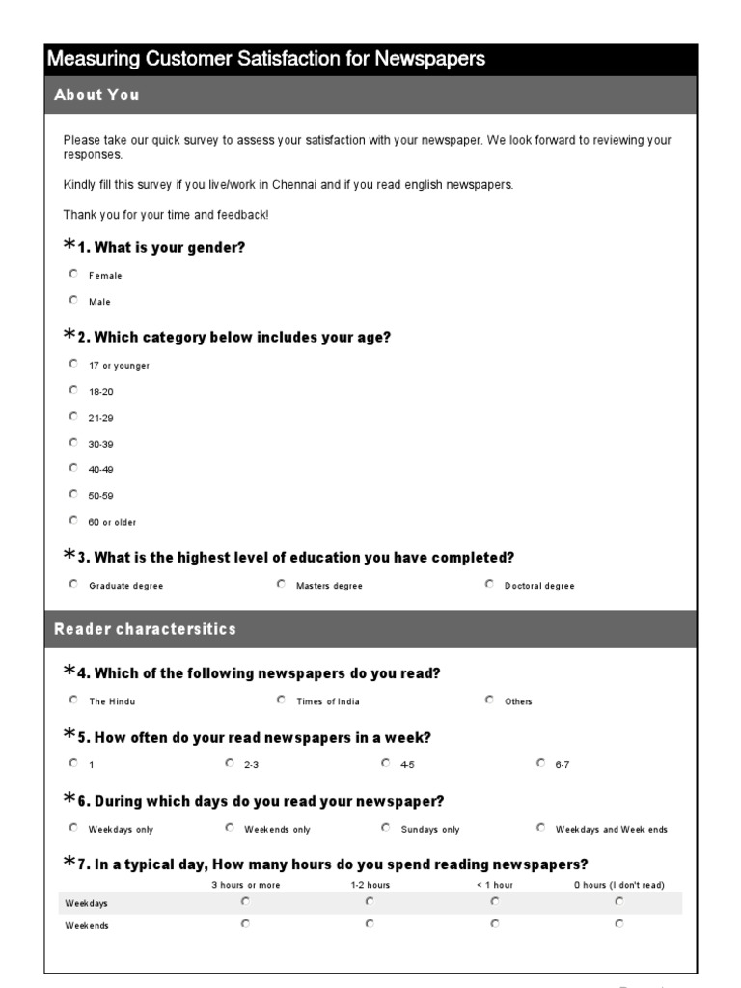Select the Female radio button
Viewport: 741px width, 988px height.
[x=73, y=274]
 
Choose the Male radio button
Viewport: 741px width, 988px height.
[x=73, y=300]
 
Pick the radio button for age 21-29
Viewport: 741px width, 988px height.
[x=73, y=416]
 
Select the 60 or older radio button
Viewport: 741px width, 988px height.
[x=73, y=520]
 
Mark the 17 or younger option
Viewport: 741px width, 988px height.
[x=73, y=364]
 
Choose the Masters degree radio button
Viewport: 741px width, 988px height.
[x=281, y=584]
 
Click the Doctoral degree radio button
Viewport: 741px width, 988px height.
[x=489, y=584]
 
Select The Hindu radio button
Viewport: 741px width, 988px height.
[x=73, y=700]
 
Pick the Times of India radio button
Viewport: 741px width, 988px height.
[x=281, y=700]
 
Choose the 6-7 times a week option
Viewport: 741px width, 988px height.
[x=540, y=762]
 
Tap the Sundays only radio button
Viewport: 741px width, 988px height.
[x=386, y=827]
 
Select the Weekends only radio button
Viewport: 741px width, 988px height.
[x=230, y=827]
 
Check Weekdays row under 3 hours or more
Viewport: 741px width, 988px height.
[x=245, y=901]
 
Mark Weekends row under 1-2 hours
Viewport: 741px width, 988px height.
[x=370, y=923]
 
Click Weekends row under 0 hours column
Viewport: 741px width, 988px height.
[x=618, y=923]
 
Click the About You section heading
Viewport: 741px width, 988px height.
[x=96, y=95]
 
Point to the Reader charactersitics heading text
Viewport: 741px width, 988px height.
[x=145, y=629]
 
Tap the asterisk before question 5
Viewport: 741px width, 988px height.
[x=69, y=735]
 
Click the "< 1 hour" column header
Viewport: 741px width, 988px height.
[x=494, y=885]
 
